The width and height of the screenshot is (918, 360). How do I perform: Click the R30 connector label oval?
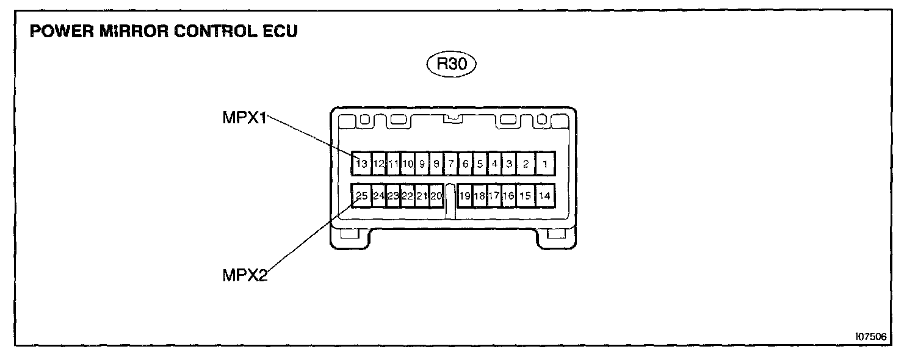(x=450, y=64)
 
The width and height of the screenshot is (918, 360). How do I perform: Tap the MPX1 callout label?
(x=245, y=117)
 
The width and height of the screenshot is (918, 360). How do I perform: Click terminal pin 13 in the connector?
(x=361, y=164)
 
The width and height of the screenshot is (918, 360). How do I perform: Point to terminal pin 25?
(x=361, y=196)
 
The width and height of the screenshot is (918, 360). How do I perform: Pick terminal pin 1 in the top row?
(x=544, y=164)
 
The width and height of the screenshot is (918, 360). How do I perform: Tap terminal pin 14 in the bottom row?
(x=544, y=196)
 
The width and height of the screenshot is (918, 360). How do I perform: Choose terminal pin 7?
(x=450, y=164)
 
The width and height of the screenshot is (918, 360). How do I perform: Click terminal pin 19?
(x=465, y=196)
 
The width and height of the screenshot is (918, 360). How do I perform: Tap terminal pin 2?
(x=525, y=164)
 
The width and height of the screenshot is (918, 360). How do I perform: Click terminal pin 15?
(x=525, y=196)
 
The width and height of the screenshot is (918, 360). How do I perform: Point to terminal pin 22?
(x=407, y=196)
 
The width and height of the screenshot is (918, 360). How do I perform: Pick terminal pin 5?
(x=480, y=164)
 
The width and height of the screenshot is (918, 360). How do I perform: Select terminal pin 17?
(x=494, y=196)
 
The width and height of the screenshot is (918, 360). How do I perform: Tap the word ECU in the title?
(x=280, y=32)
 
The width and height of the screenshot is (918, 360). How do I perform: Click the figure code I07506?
(x=872, y=336)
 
